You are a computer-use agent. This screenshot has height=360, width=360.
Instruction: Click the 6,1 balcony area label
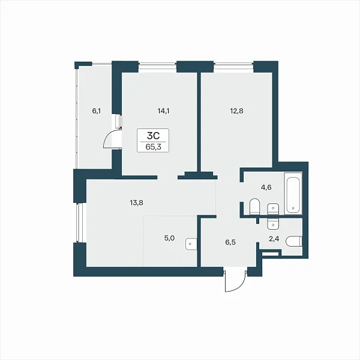[x=97, y=112]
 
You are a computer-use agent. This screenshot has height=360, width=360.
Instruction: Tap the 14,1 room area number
[x=163, y=112]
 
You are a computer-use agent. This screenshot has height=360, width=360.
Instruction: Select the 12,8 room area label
[x=237, y=111]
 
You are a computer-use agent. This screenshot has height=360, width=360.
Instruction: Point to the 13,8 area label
[x=136, y=203]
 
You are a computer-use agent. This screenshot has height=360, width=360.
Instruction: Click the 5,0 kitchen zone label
[x=169, y=238]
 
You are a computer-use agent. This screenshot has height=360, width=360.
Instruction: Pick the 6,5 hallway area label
[x=230, y=242]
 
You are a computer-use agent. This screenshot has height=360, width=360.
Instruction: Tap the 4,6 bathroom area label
[x=266, y=187]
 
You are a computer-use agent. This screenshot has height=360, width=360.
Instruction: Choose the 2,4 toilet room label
[x=274, y=239]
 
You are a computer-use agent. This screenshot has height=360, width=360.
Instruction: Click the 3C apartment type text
[x=153, y=136]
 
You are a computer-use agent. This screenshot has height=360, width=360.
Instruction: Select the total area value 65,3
[x=153, y=147]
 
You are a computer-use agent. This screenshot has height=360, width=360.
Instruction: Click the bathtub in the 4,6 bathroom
[x=293, y=193]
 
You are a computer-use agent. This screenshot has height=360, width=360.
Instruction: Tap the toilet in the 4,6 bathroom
[x=254, y=206]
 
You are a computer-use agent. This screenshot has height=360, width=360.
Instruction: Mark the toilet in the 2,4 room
[x=294, y=242]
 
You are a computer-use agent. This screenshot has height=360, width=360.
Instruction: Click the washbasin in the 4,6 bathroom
[x=273, y=209]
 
